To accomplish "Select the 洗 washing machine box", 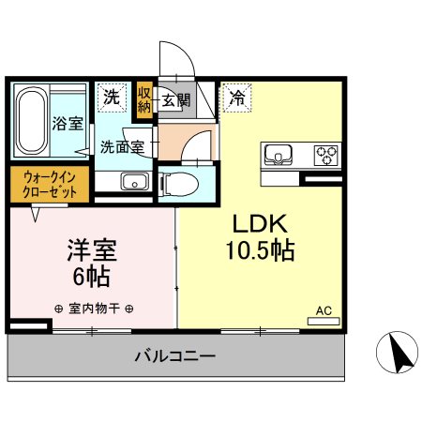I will tap(112, 95).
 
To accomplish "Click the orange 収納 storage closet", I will tap(143, 98).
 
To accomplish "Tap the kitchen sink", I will tap(279, 154).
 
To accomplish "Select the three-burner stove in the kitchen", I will tap(325, 154).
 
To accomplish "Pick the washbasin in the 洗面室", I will tap(134, 182).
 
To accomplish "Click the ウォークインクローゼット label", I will tap(50, 183).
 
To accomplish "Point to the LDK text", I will tap(258, 224).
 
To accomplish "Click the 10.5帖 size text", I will tap(260, 250).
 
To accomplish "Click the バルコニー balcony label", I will tap(174, 356).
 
